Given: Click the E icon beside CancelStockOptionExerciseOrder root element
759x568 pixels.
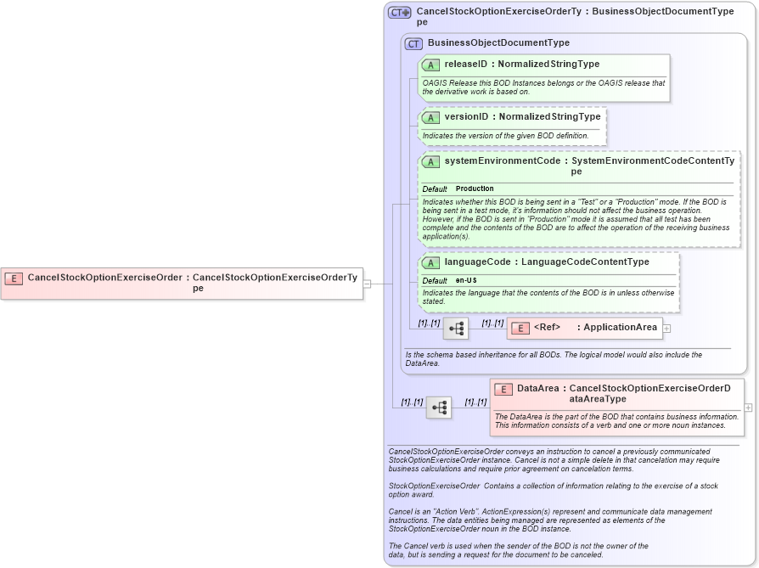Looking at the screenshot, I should [14, 278].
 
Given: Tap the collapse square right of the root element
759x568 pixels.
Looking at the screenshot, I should [367, 284].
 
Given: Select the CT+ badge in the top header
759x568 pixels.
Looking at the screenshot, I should [399, 13].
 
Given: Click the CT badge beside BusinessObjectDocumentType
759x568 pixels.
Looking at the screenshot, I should [413, 43].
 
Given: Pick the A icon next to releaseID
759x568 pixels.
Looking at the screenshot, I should [430, 65].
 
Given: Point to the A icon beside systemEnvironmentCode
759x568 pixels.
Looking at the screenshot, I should [430, 161].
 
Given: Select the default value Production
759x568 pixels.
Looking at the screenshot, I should [475, 188].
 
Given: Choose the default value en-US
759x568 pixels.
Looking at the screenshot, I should [466, 281].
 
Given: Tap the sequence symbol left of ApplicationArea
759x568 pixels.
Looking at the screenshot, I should [455, 329].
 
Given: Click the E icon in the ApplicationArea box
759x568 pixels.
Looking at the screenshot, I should [520, 328].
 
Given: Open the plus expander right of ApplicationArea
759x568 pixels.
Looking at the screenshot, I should [666, 328].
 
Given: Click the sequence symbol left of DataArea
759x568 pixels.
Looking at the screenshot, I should [438, 408].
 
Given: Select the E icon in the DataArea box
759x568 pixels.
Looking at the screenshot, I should [503, 390].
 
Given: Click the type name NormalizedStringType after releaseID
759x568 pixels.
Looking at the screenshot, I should [548, 65].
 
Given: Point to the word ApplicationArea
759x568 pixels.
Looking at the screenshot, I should [620, 328].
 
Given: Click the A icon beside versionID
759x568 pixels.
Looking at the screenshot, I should [430, 117].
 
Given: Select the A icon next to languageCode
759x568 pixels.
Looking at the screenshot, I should [430, 262].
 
